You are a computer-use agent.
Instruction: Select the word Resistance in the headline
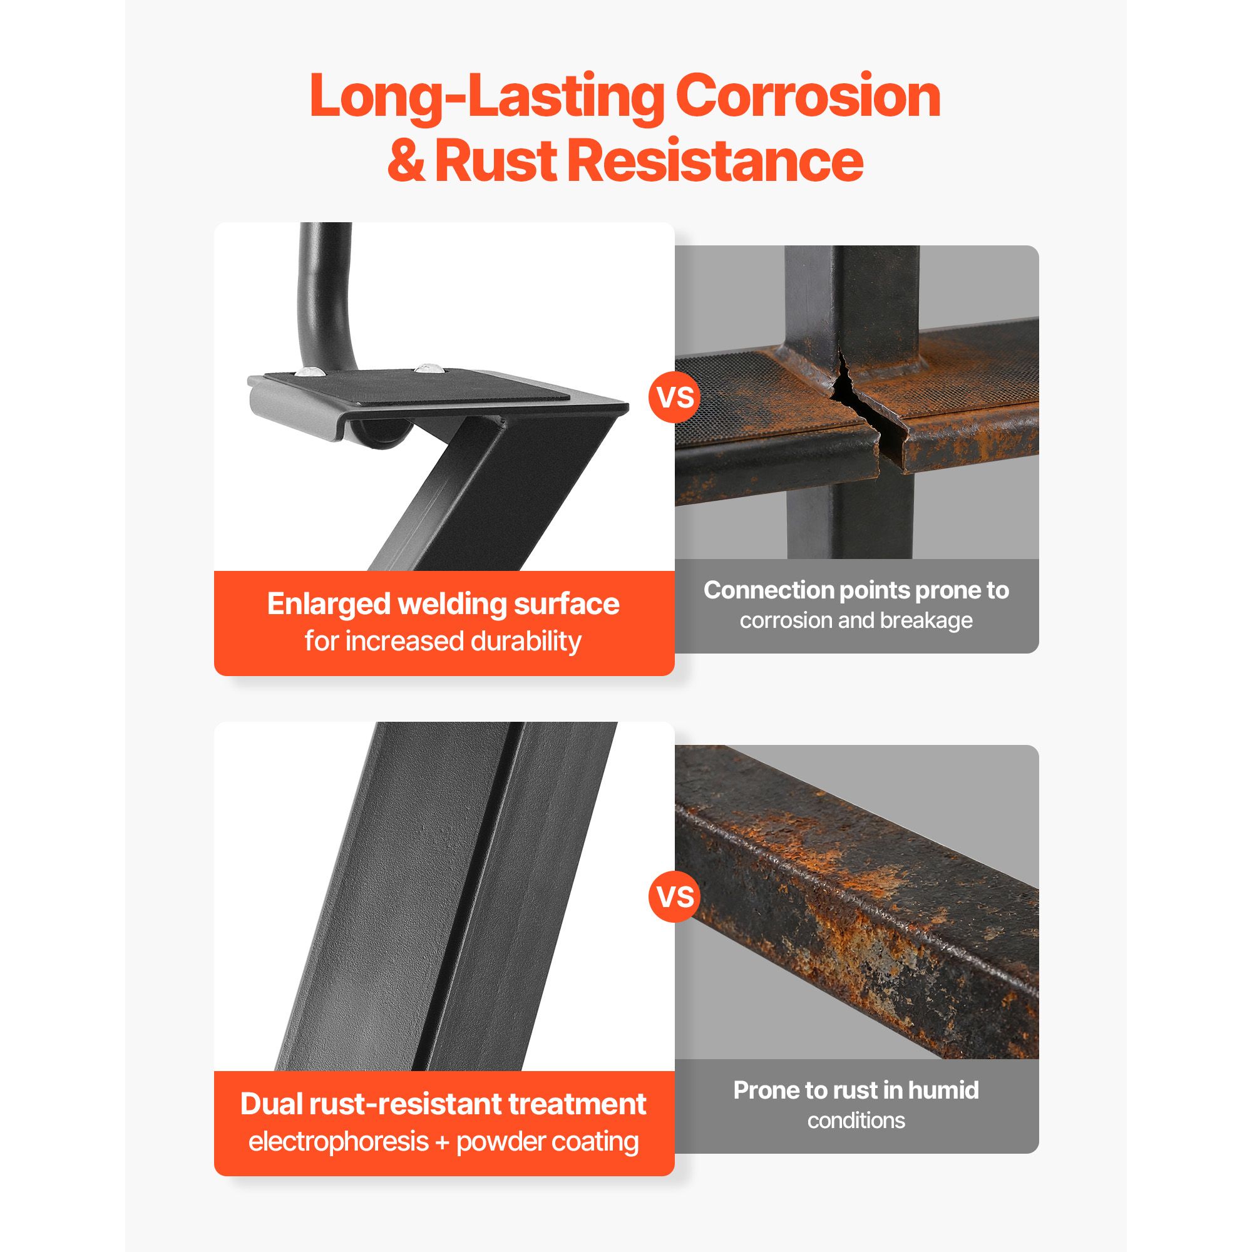pyautogui.click(x=716, y=160)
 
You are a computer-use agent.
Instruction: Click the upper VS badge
pyautogui.click(x=675, y=397)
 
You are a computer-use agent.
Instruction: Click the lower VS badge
pyautogui.click(x=675, y=897)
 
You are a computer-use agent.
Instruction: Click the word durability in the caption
pyautogui.click(x=526, y=642)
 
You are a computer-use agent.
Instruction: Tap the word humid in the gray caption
pyautogui.click(x=943, y=1090)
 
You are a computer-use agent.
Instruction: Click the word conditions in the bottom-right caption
pyautogui.click(x=856, y=1121)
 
